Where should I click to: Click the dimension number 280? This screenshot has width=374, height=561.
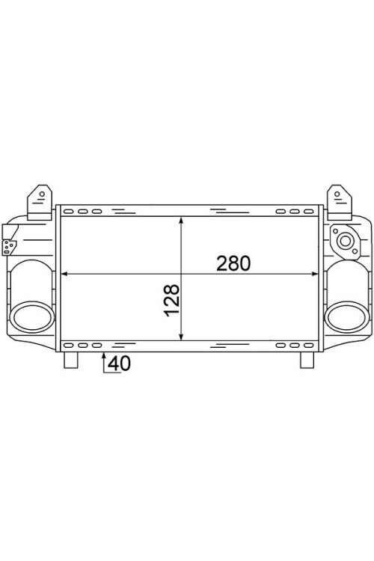click(232, 263)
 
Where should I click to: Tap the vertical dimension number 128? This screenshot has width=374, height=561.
click(171, 300)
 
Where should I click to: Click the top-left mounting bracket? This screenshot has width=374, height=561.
click(39, 201)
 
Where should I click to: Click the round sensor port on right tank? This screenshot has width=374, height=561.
click(345, 241)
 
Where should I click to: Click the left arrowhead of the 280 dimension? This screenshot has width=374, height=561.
click(63, 275)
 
